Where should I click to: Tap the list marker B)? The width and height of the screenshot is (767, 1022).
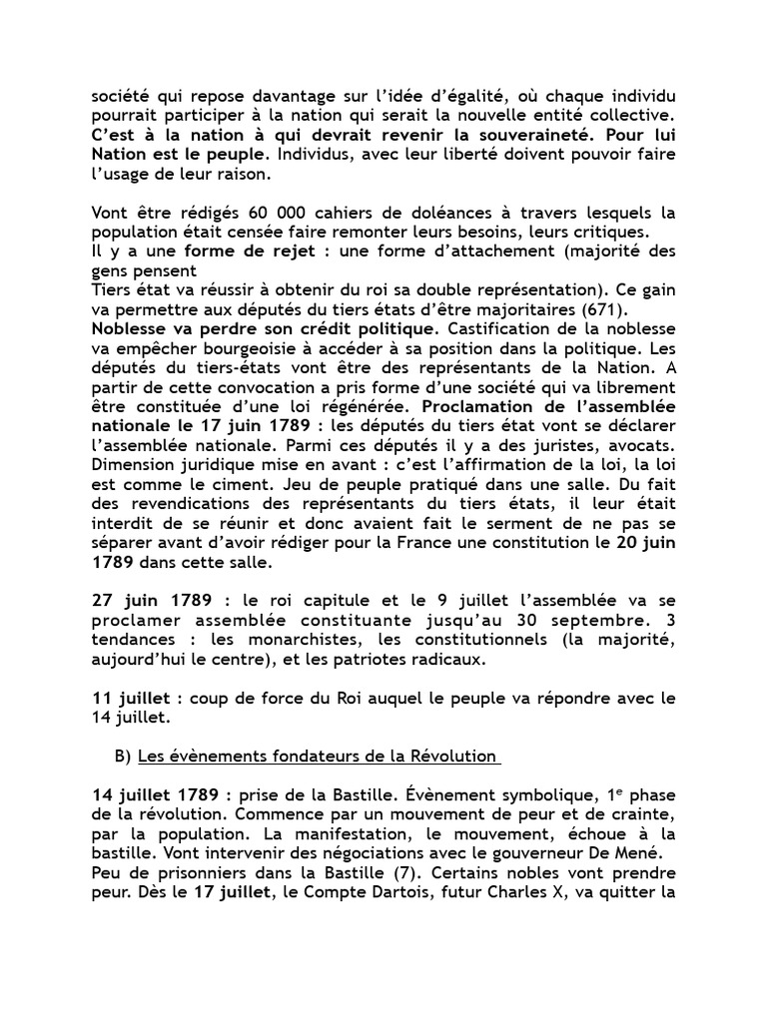(123, 759)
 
